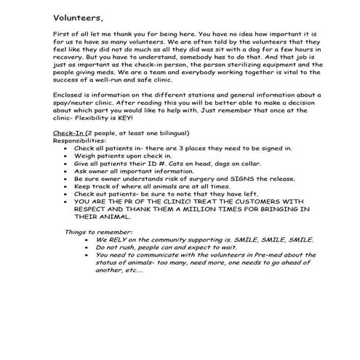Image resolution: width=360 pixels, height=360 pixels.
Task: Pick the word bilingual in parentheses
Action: pos(167,134)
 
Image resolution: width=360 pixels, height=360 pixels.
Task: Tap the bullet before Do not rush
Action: pos(88,247)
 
